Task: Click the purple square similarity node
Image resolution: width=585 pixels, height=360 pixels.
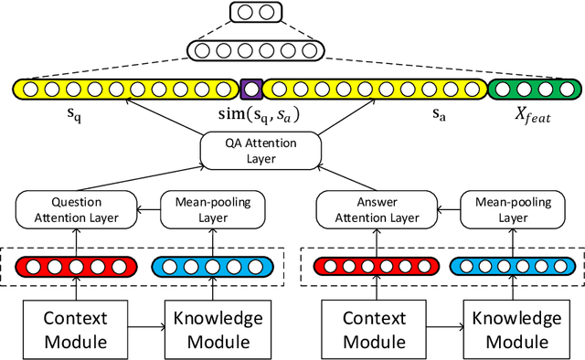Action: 250,90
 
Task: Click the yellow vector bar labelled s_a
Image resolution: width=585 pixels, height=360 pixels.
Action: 374,90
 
